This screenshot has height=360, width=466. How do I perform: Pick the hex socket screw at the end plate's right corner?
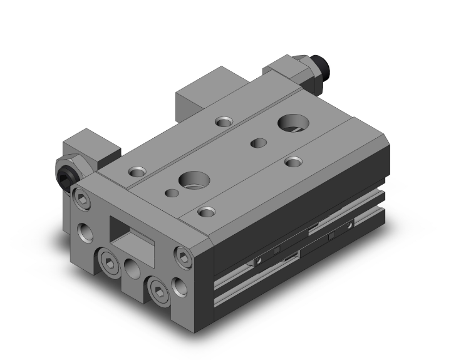point(183,255)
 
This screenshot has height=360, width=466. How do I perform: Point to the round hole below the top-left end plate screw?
point(85,233)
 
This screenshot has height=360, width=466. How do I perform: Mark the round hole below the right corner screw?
point(182,286)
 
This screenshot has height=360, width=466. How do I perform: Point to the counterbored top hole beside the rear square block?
point(222,120)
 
